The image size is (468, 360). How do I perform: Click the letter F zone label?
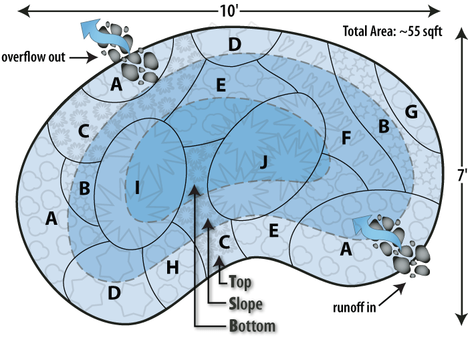345,139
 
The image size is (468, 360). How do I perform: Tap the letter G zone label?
412,112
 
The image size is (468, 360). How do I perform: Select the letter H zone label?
172,268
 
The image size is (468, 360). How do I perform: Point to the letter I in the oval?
137,188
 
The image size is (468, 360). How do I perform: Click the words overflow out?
33,57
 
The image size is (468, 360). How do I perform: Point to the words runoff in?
354,308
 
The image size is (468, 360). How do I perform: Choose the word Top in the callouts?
239,282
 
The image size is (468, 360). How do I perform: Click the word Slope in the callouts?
245,304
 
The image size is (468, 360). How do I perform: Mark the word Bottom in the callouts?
252,327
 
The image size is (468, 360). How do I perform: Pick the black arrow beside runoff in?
396,289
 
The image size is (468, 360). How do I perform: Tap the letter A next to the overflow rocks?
117,84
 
